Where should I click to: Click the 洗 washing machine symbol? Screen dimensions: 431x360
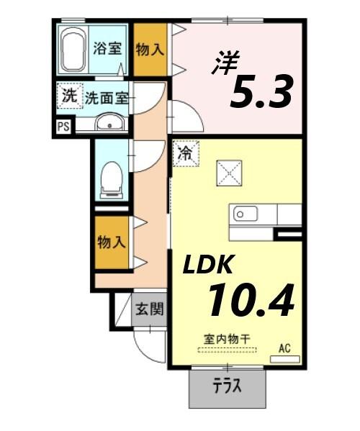tap(68, 95)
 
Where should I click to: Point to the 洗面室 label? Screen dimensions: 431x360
tap(107, 98)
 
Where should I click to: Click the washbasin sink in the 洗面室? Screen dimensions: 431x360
tap(109, 123)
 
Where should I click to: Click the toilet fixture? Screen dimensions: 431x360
tap(111, 177)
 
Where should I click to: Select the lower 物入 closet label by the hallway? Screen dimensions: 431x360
tap(111, 241)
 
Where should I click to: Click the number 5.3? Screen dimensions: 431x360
tap(261, 91)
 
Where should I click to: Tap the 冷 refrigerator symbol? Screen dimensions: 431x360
tap(185, 153)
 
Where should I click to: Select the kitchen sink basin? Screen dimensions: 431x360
tap(243, 214)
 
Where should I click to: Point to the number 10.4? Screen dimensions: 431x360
tap(251, 299)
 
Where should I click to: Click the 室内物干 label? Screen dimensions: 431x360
tap(226, 337)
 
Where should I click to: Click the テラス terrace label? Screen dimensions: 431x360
tap(226, 386)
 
